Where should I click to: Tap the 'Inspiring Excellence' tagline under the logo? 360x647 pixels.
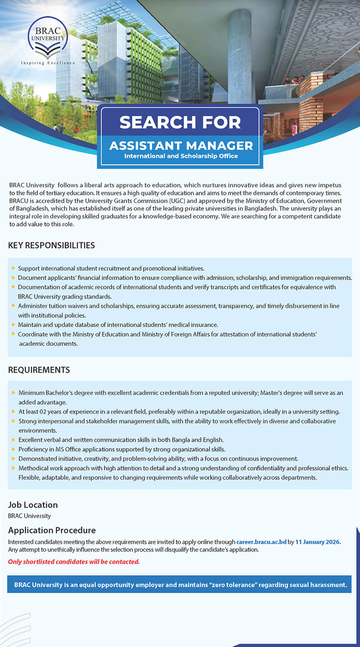point(48,63)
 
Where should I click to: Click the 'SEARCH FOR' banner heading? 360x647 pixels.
point(180,122)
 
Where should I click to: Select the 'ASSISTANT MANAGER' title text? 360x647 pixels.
point(181,145)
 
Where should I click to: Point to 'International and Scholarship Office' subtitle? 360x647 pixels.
point(181,156)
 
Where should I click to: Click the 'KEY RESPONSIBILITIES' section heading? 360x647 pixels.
point(51,245)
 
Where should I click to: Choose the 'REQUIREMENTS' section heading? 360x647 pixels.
point(39,370)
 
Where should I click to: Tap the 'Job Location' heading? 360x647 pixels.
point(33,505)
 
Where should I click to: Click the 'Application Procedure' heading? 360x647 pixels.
point(52,530)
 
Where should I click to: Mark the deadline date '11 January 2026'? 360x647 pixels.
point(318,542)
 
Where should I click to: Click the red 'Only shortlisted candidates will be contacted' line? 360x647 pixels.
point(74,561)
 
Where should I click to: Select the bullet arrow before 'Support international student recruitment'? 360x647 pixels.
point(13,268)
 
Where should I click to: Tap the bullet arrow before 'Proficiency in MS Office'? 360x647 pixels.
point(13,449)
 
